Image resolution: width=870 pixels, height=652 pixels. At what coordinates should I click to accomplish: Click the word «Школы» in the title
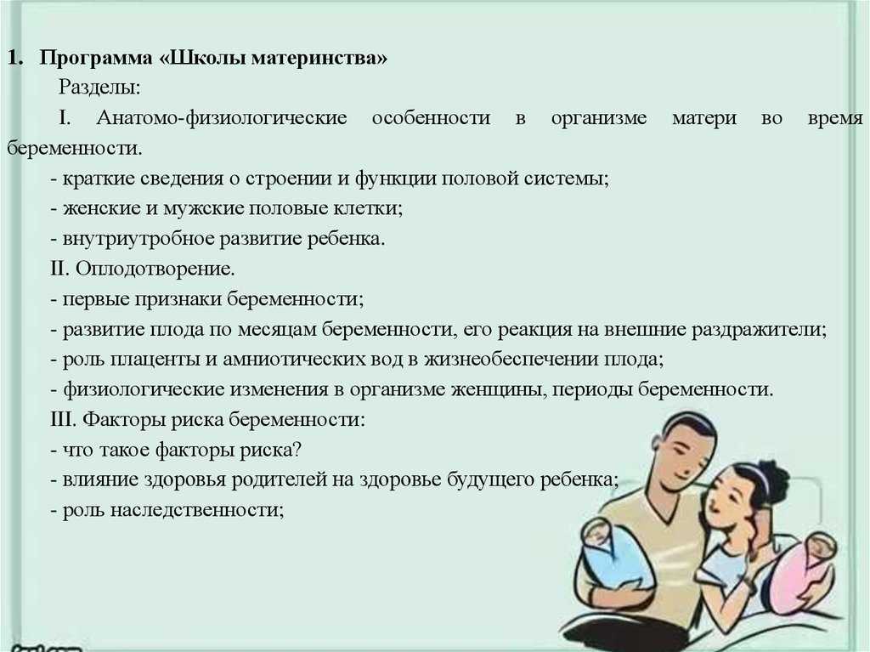point(204,58)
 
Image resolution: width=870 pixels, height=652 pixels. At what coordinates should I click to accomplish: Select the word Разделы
point(100,88)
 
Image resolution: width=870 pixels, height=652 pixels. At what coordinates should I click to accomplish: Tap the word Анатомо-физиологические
point(222,118)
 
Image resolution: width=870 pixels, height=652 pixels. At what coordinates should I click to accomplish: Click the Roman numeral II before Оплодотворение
point(59,269)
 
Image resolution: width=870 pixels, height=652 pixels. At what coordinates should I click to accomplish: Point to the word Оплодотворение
point(155,269)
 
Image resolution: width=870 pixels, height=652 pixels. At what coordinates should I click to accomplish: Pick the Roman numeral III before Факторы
point(63,419)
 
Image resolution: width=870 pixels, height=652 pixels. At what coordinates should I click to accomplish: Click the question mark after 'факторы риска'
point(297,449)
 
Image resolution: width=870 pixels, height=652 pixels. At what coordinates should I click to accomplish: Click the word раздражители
point(759,330)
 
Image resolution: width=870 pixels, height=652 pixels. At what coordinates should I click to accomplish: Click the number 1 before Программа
point(15,58)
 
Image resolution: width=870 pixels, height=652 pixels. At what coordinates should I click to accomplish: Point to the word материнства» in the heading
point(319,58)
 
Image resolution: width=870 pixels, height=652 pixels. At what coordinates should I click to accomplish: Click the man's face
point(684,456)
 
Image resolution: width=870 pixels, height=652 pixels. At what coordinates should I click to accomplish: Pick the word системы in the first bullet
point(573,179)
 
